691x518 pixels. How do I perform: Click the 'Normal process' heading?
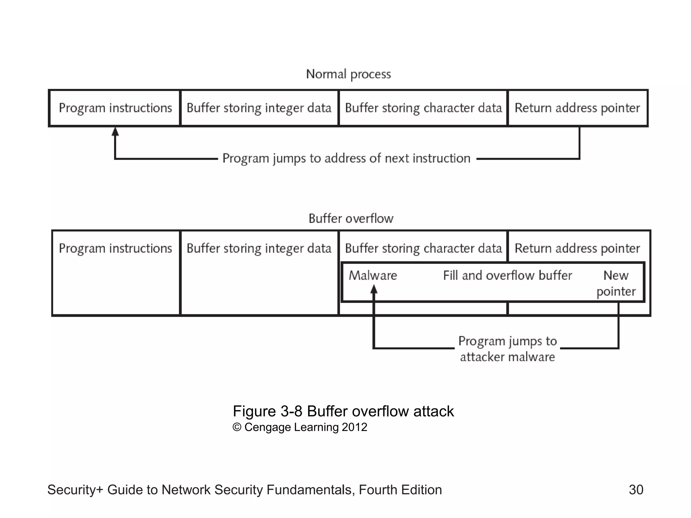point(348,74)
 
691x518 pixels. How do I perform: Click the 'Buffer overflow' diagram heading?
point(351,219)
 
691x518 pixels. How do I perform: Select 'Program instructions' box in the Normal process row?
point(115,108)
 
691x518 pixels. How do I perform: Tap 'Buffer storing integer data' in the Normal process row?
point(259,108)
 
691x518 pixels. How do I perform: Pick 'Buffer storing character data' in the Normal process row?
point(423,108)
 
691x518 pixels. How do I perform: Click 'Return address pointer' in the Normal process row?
point(577,108)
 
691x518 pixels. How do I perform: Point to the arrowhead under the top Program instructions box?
point(115,132)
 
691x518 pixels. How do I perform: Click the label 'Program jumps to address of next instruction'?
point(346,159)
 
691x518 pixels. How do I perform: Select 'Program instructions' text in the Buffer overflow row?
point(115,249)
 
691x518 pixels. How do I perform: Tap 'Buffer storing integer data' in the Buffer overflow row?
point(259,249)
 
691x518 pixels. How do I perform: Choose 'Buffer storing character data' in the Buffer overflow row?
point(423,249)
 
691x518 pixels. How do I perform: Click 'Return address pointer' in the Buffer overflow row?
point(577,249)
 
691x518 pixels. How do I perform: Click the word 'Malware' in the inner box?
point(373,276)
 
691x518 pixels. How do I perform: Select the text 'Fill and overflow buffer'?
point(507,276)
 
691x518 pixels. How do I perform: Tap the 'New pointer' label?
point(616,283)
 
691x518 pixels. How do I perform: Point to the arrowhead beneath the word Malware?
point(374,289)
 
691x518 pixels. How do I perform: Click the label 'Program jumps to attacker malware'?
point(507,349)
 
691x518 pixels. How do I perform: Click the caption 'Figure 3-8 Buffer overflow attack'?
point(343,411)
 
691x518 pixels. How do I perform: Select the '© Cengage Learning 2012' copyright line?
point(300,427)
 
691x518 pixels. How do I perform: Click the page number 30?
point(636,490)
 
